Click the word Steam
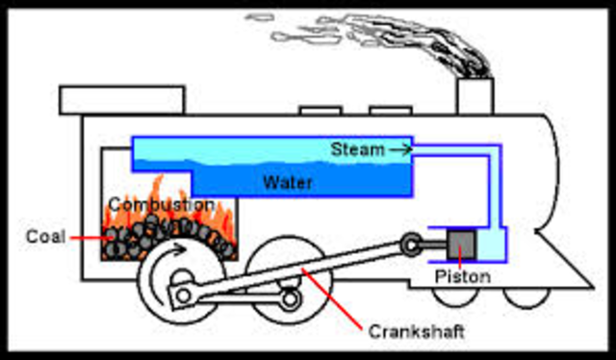356,149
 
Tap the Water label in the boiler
287,182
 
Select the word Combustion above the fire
161,205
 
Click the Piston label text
463,277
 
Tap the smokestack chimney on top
474,96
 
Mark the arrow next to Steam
399,149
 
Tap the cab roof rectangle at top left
121,99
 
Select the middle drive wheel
289,284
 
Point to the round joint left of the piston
412,244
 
